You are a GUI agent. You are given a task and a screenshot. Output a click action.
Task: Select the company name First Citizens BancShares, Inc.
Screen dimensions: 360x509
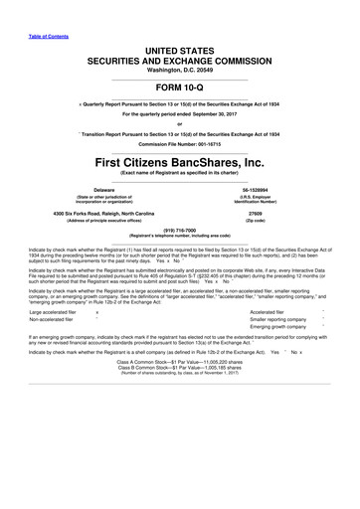[x=180, y=162]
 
